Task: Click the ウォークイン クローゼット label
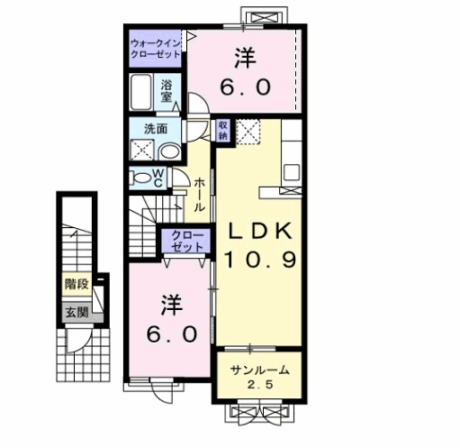[156, 46]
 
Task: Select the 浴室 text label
[168, 92]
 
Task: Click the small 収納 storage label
[222, 130]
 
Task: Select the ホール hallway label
[199, 192]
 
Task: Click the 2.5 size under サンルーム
[260, 388]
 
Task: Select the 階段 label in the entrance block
[77, 283]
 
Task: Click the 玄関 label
[77, 313]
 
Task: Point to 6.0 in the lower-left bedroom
[171, 332]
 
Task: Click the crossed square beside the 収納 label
[247, 129]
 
